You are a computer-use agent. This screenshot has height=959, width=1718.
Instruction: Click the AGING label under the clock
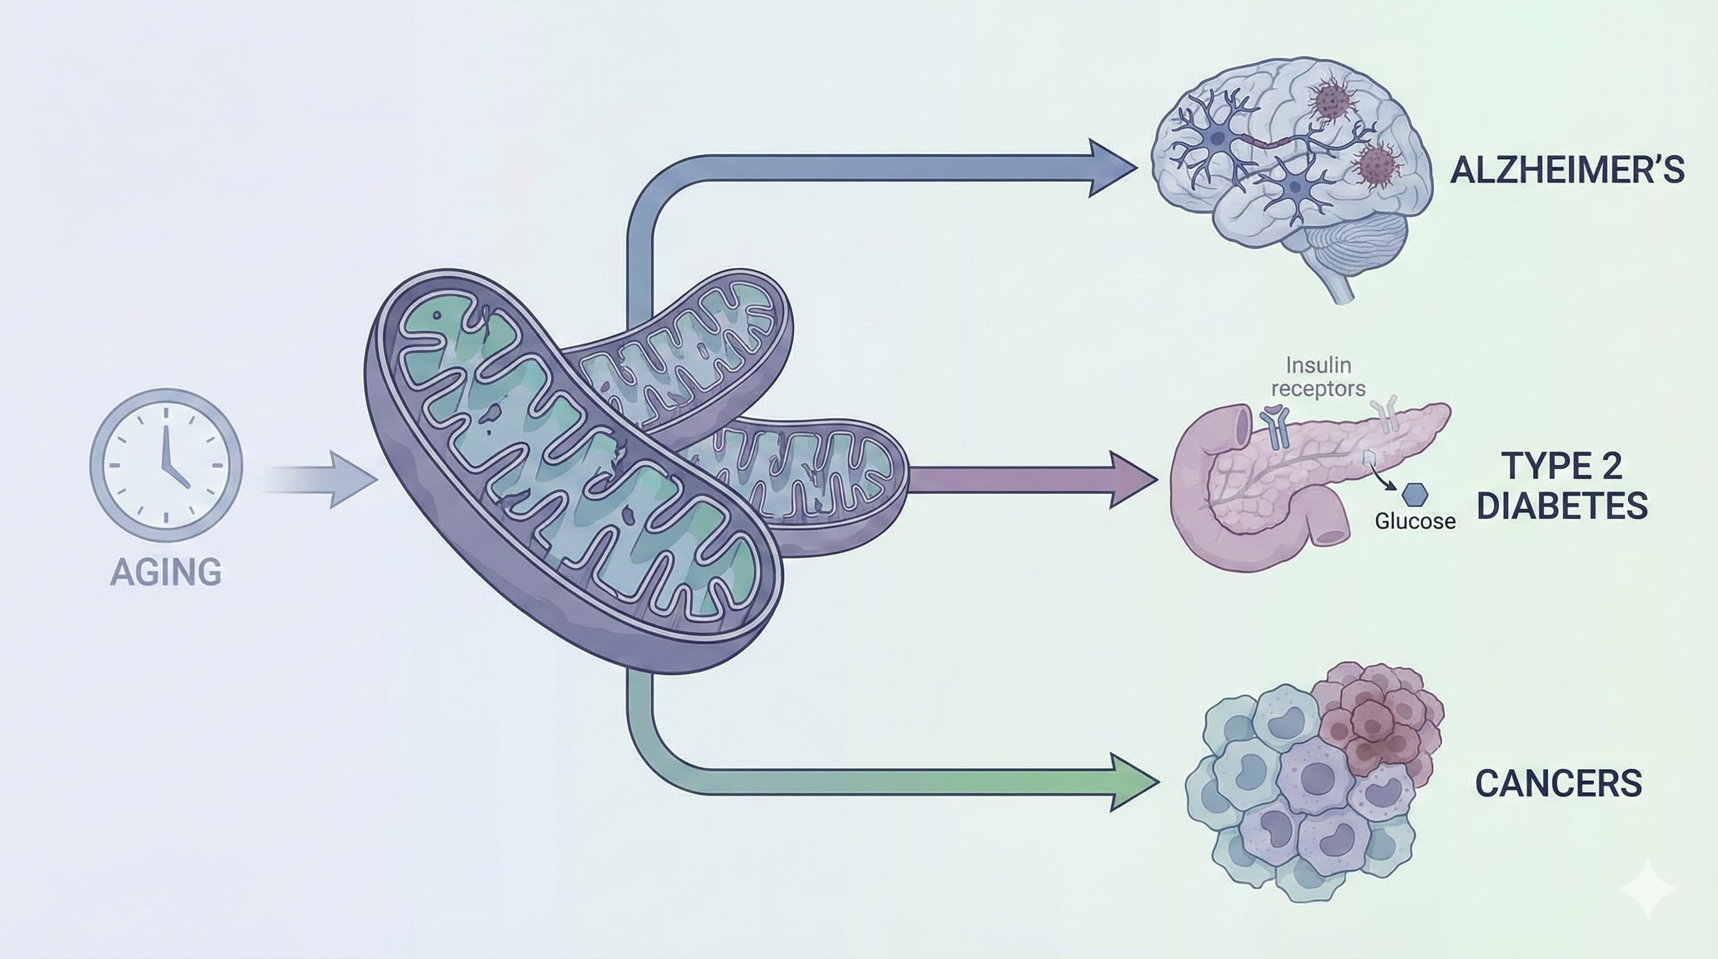click(x=165, y=572)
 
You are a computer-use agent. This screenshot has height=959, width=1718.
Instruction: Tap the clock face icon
click(x=166, y=465)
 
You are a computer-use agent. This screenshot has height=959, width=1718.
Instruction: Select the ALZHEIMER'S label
click(x=1568, y=170)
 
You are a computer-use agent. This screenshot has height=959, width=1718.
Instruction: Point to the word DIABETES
click(x=1562, y=505)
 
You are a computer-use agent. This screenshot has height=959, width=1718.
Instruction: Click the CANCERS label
click(x=1558, y=783)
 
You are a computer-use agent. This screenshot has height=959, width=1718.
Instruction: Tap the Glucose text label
click(x=1415, y=521)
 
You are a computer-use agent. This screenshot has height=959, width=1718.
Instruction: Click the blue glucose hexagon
click(x=1415, y=494)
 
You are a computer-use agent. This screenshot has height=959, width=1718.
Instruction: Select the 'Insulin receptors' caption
click(x=1318, y=377)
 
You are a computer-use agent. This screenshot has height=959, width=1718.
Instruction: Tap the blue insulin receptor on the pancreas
click(x=1274, y=428)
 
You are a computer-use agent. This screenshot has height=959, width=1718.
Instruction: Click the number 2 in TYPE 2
click(x=1611, y=466)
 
